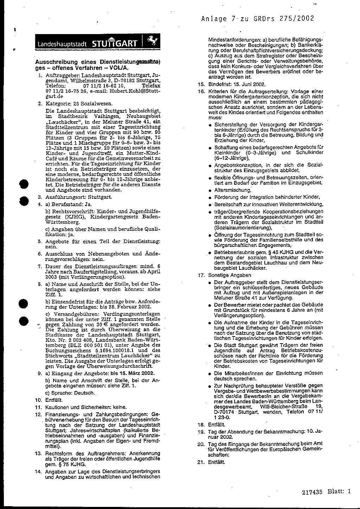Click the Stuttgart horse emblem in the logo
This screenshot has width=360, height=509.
152,42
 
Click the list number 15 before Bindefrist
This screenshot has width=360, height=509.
201,84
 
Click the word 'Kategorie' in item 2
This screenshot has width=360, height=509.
58,104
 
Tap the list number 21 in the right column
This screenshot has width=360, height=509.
201,462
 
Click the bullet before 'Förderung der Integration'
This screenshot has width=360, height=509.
210,197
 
